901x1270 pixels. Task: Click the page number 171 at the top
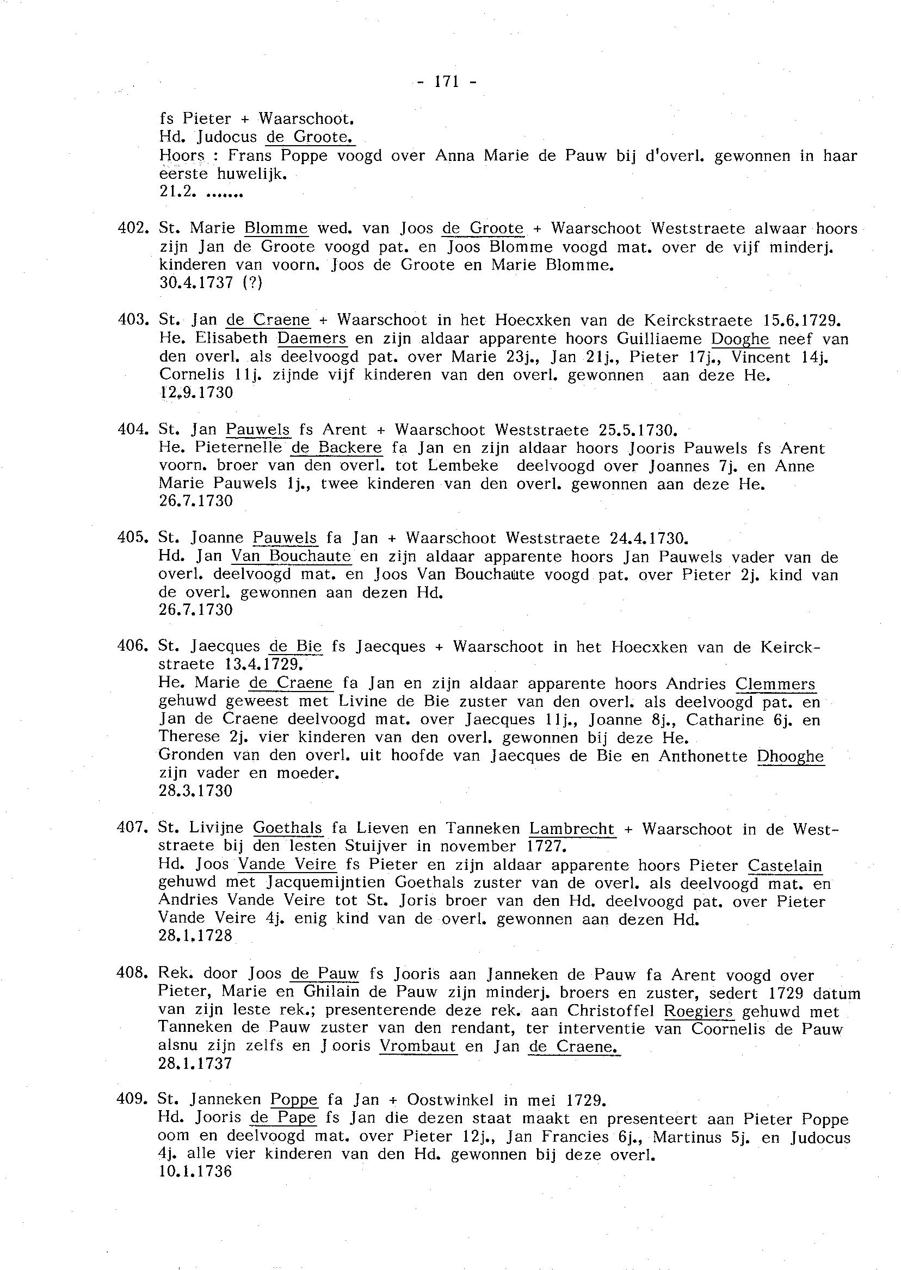(447, 82)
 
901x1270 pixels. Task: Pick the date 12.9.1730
(196, 393)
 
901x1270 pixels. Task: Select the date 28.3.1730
(195, 791)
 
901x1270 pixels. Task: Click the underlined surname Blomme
(276, 228)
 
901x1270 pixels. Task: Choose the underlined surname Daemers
(312, 338)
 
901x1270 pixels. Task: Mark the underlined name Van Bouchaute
(291, 556)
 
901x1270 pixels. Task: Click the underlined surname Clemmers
(775, 684)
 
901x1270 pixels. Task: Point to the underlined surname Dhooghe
(791, 757)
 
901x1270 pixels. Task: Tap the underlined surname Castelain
(785, 866)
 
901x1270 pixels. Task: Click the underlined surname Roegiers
(699, 1011)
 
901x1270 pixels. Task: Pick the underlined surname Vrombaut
(418, 1047)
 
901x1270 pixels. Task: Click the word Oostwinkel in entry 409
(450, 1100)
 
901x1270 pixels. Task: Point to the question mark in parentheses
(253, 283)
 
